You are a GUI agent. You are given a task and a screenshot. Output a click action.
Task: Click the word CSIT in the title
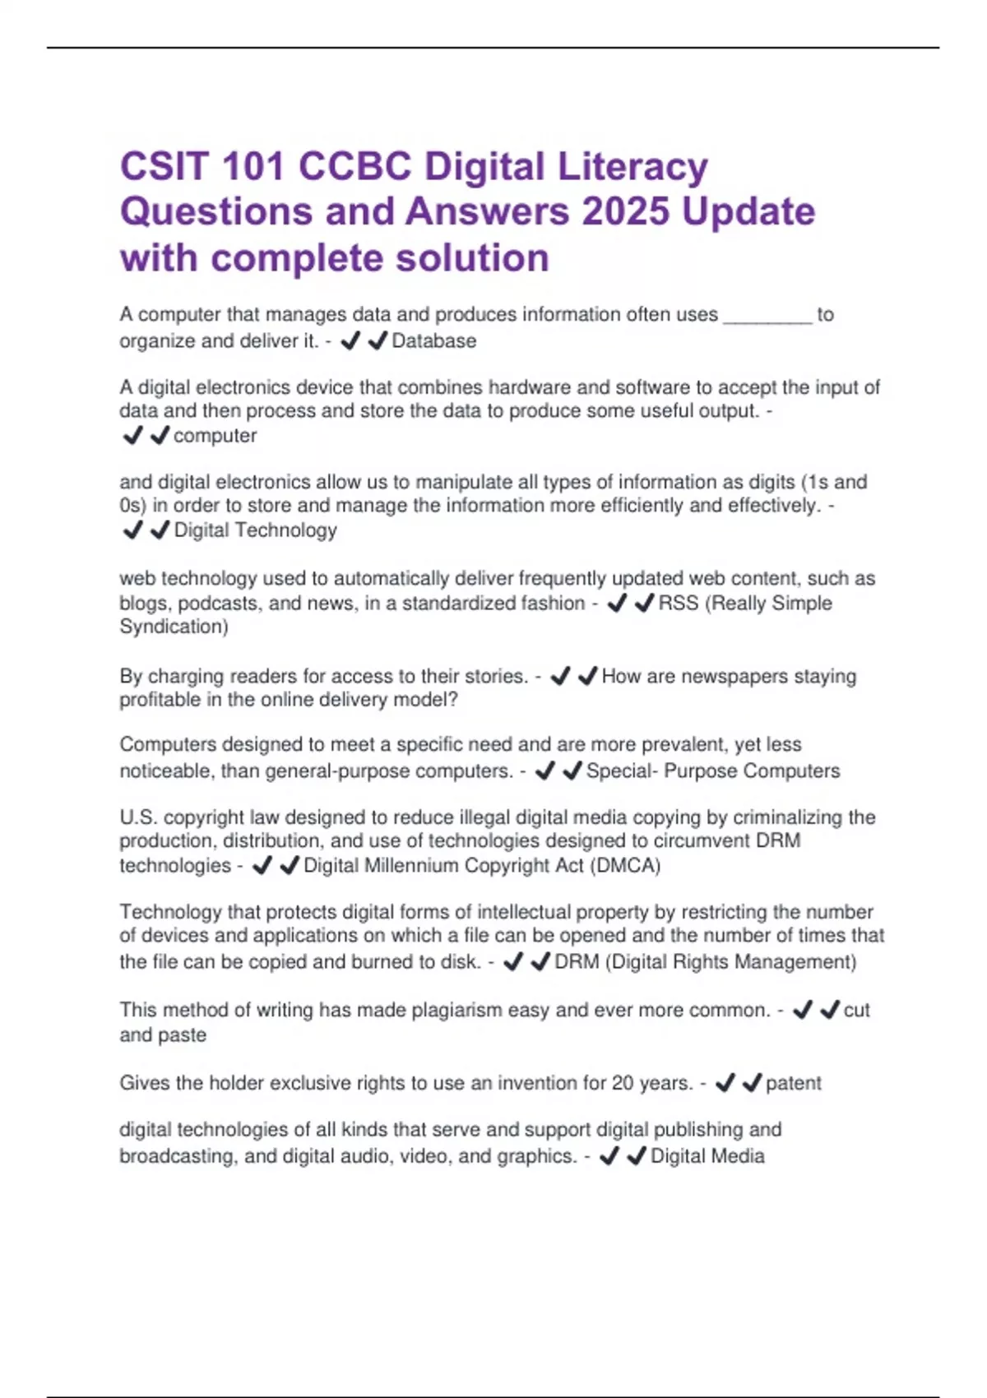[164, 167]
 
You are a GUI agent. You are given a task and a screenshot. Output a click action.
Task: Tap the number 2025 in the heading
[625, 212]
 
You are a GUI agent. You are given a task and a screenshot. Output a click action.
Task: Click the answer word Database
[433, 341]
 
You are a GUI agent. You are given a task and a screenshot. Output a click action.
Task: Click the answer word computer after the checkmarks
[215, 436]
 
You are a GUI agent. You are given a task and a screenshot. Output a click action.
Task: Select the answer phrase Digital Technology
[255, 530]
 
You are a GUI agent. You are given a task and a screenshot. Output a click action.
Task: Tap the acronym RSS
[679, 603]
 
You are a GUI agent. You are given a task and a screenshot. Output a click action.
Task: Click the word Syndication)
[174, 627]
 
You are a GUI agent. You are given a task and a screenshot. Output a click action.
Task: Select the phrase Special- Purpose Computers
[712, 771]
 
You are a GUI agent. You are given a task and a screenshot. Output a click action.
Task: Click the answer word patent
[793, 1083]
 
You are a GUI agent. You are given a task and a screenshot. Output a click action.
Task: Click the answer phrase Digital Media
[707, 1156]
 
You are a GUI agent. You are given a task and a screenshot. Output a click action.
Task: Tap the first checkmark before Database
[350, 340]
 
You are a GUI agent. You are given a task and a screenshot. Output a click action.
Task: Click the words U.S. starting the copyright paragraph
[138, 817]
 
